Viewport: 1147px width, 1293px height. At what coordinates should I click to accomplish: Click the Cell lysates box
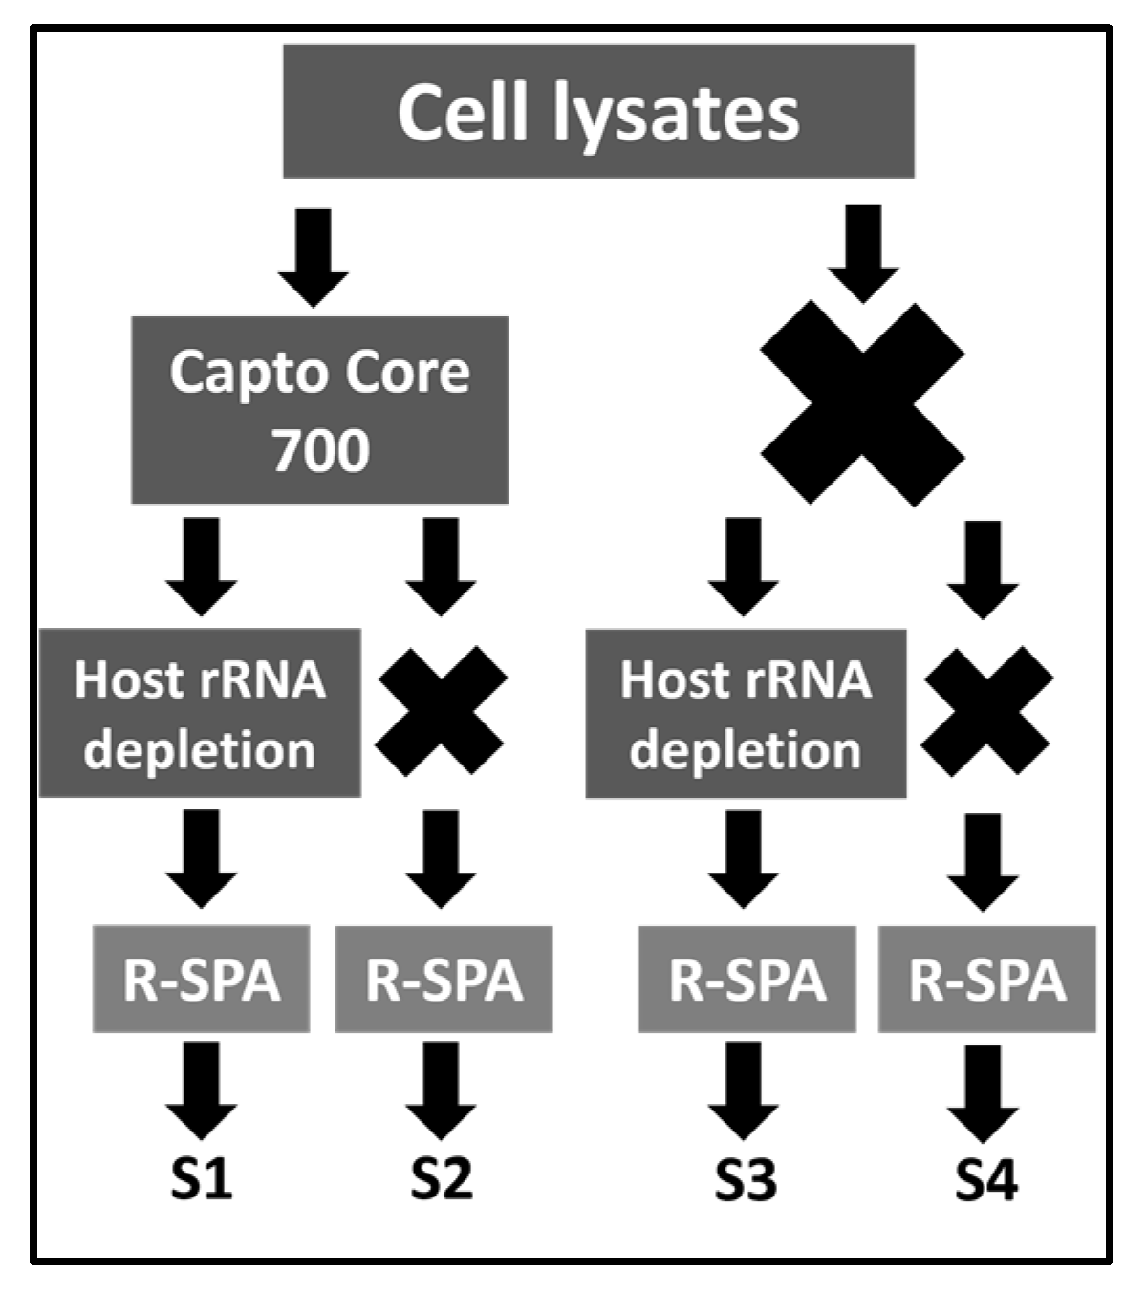598,112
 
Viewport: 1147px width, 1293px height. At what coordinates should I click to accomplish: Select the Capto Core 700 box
319,410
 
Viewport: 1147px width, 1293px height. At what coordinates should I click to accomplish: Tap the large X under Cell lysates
862,403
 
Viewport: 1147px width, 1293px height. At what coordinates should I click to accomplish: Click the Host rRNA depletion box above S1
200,713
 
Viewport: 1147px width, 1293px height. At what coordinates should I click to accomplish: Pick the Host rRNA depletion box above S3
746,713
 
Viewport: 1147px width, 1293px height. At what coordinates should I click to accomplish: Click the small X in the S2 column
443,711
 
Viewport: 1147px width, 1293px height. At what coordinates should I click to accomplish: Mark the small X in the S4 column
988,711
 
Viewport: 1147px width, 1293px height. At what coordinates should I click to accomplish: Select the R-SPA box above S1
202,979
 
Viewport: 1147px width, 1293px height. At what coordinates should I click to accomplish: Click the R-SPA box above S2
444,979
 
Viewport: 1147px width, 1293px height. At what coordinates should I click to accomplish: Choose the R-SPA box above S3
747,979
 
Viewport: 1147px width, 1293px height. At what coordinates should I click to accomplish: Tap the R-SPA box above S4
987,979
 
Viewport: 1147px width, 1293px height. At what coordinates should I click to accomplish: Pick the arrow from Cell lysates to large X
863,251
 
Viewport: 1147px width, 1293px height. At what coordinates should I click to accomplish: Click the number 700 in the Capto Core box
320,449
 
